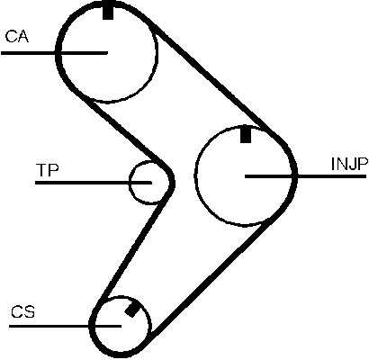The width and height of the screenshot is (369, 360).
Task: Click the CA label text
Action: click(x=17, y=36)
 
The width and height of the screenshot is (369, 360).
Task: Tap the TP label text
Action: click(x=48, y=169)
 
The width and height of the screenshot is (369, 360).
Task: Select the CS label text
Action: click(x=23, y=312)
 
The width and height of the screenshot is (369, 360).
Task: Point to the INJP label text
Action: click(x=349, y=164)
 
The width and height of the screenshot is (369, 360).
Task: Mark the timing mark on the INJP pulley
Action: click(x=246, y=135)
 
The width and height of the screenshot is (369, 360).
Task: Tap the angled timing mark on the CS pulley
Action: click(x=132, y=310)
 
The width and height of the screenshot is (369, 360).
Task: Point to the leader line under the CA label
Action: click(x=54, y=53)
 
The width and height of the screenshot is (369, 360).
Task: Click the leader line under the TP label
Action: click(x=94, y=183)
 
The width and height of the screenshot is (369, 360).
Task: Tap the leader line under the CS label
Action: click(x=65, y=326)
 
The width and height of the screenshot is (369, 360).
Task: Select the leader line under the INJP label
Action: click(x=305, y=176)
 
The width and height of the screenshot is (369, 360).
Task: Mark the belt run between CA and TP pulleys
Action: click(x=126, y=130)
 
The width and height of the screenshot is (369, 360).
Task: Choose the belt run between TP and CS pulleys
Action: click(x=133, y=249)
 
